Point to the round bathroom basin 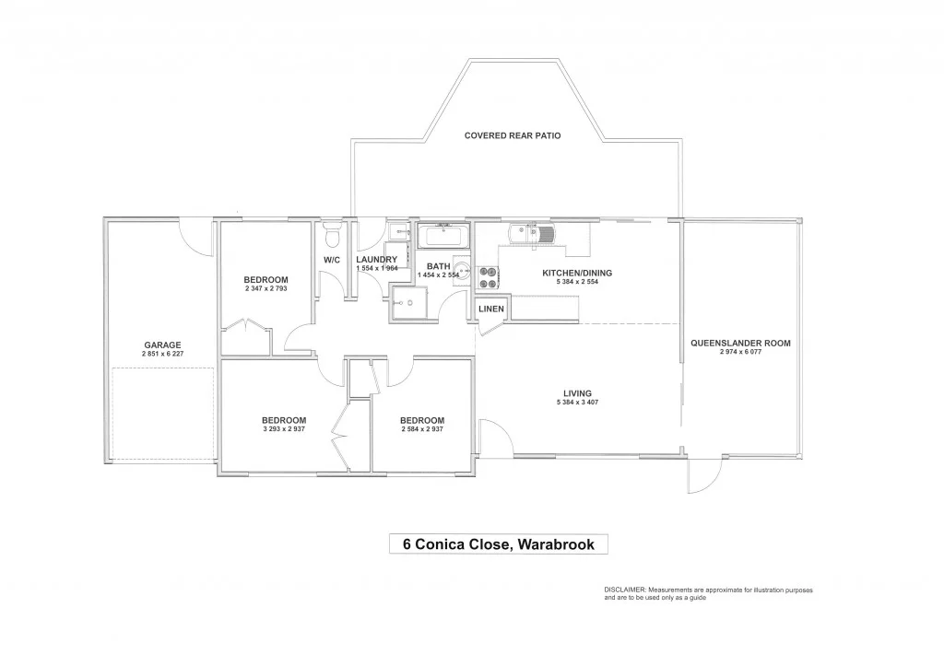click(464, 273)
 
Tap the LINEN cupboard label click(491, 309)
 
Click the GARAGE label click(161, 345)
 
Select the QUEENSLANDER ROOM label click(740, 343)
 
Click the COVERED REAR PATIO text click(513, 135)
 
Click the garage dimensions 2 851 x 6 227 click(161, 355)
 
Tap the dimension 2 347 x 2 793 click(265, 289)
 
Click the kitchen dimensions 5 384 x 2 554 click(577, 282)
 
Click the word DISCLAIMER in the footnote click(625, 589)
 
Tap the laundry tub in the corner click(397, 231)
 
